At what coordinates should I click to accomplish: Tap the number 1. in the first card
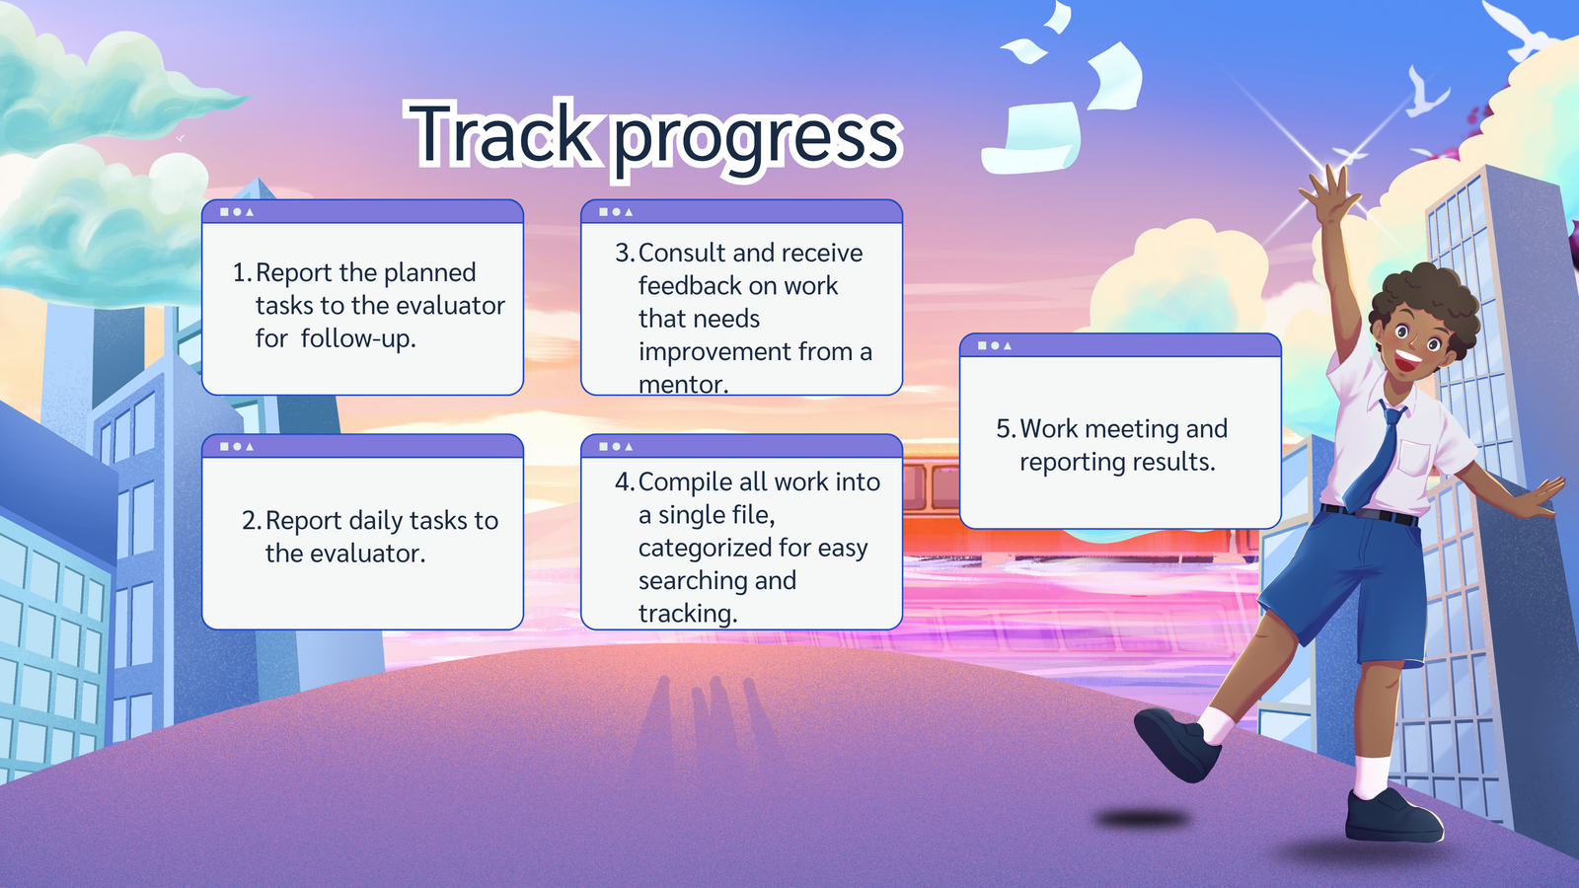242,272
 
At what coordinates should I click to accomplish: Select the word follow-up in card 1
358,338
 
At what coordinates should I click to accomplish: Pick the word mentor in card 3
683,384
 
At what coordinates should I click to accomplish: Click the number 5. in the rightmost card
1006,428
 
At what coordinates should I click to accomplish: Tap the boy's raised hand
1328,194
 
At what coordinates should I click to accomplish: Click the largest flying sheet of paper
1033,138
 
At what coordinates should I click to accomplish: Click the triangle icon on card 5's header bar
1008,346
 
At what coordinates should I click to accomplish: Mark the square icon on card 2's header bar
224,447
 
